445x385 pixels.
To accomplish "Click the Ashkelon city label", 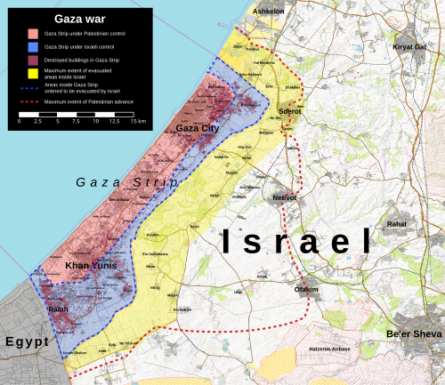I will point(269,12).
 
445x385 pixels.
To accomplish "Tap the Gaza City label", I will point(198,129).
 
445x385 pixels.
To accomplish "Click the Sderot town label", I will point(291,112).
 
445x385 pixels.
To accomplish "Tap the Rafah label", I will point(59,309).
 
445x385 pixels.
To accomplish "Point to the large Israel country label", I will point(295,241).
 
